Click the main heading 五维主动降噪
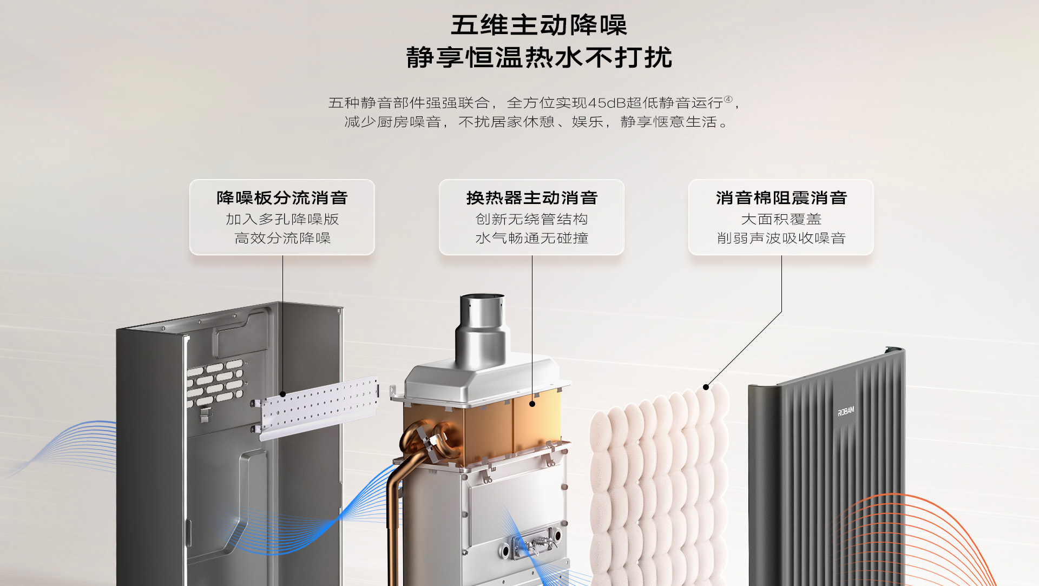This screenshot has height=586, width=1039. coord(538,25)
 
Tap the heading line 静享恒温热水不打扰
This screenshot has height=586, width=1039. coord(538,58)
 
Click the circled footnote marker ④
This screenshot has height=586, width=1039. coord(728,99)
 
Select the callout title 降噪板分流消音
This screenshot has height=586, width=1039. coord(282,198)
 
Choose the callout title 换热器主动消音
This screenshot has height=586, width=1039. coord(531,198)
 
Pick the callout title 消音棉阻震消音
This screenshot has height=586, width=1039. coord(781,198)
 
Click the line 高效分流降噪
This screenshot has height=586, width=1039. coord(282,238)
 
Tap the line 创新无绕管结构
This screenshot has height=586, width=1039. coord(531,219)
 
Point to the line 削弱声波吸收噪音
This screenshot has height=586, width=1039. coord(781,238)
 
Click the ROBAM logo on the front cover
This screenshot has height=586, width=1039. coord(846,412)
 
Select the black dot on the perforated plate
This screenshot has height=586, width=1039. coord(282,394)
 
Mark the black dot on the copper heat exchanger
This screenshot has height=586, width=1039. coord(532,404)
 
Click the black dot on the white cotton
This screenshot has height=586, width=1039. coord(706,387)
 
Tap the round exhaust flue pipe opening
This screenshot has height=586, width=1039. coord(482,297)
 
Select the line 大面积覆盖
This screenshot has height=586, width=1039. coord(781,219)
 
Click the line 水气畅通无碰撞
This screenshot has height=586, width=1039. coord(531,238)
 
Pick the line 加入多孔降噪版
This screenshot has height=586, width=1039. coord(282,219)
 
